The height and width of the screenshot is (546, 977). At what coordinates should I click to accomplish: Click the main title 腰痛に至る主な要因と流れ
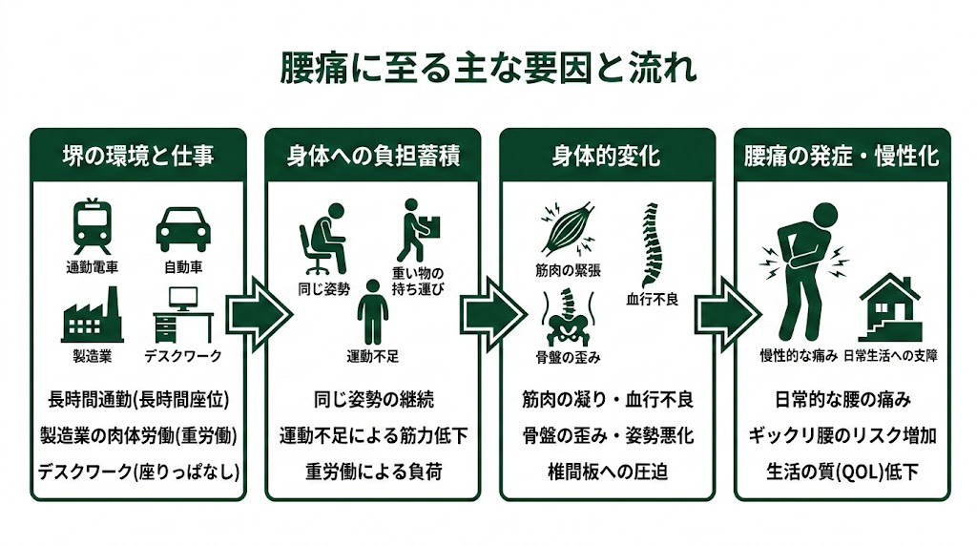(488, 70)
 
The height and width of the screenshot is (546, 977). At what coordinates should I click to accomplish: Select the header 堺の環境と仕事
(138, 156)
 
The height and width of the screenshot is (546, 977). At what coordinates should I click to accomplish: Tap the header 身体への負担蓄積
(373, 156)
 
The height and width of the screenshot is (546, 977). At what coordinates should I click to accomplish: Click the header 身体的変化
(607, 156)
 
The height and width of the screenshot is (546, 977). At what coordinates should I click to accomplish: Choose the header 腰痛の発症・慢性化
(842, 156)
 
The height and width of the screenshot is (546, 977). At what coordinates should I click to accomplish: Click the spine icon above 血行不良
(652, 243)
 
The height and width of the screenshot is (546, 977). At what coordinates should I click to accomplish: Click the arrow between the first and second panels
(258, 311)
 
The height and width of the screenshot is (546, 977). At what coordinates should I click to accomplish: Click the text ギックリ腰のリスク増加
(842, 435)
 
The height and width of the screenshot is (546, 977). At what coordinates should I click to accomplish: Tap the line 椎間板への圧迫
(607, 472)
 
